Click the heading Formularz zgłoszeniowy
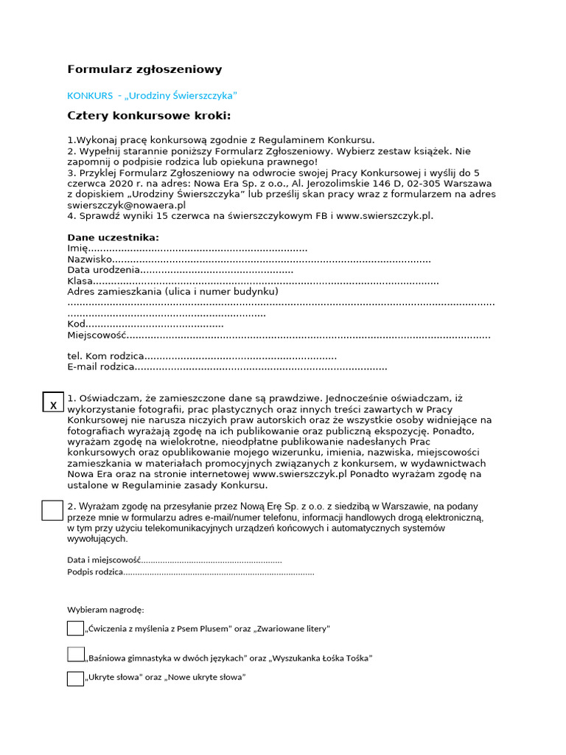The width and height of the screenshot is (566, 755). click(144, 69)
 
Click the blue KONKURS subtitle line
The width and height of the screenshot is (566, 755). click(152, 96)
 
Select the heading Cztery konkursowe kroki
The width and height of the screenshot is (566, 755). click(149, 116)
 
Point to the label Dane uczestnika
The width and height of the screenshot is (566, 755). click(113, 237)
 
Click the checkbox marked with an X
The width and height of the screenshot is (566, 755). click(53, 403)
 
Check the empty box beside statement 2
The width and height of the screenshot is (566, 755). click(52, 510)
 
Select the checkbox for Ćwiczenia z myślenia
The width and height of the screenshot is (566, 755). click(75, 628)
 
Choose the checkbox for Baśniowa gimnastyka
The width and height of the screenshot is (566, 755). click(75, 654)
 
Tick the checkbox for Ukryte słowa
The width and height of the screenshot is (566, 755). click(75, 678)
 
